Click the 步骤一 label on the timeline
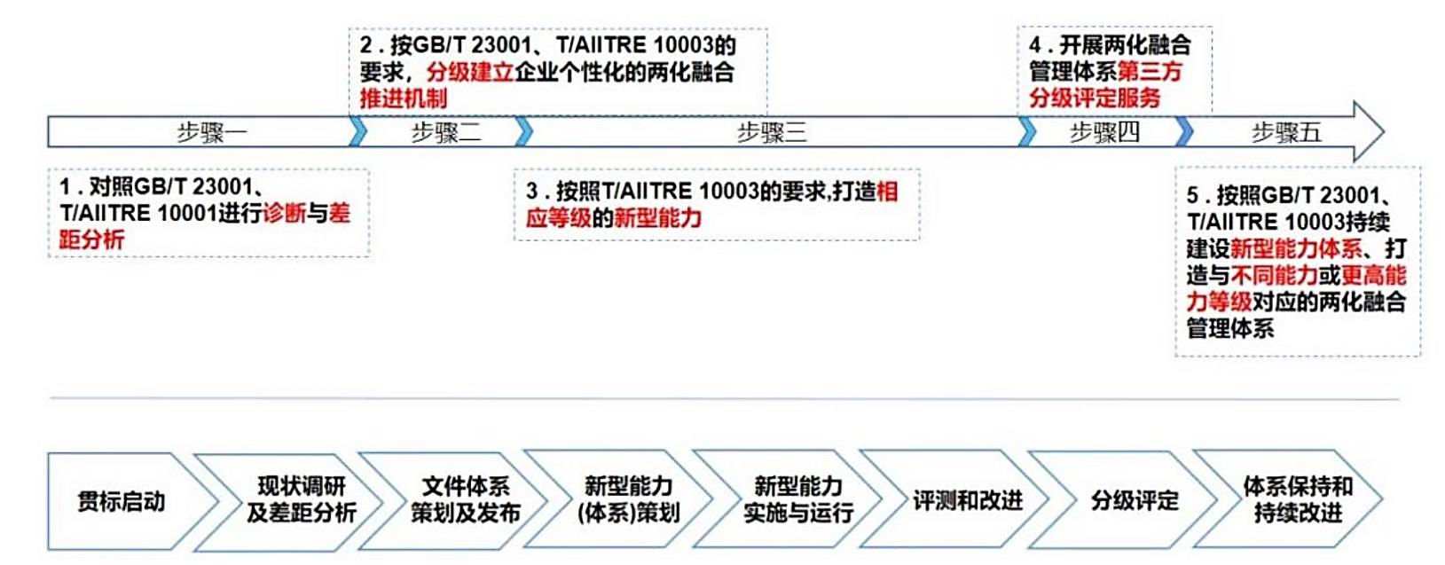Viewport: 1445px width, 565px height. [x=211, y=133]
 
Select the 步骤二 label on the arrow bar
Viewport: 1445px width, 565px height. [x=445, y=133]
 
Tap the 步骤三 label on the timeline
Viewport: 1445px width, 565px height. [x=771, y=133]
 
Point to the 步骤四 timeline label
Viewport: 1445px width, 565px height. [x=1103, y=133]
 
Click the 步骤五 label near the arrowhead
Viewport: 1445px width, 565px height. [x=1285, y=133]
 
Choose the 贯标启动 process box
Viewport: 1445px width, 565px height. [x=121, y=501]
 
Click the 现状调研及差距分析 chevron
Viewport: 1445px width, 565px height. [x=301, y=499]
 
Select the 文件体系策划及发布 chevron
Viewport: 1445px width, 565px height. [x=465, y=499]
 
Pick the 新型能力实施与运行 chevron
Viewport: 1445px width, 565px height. [x=797, y=499]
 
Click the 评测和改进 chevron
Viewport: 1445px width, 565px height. [x=967, y=501]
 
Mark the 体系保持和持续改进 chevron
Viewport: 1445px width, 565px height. [x=1297, y=499]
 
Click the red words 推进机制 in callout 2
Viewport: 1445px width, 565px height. [x=404, y=98]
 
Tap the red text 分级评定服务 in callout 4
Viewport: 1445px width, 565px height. [x=1095, y=98]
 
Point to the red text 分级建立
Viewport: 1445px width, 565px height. [x=470, y=72]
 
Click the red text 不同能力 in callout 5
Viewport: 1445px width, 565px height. [x=1275, y=275]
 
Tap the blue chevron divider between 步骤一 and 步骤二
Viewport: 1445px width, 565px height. [x=357, y=132]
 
